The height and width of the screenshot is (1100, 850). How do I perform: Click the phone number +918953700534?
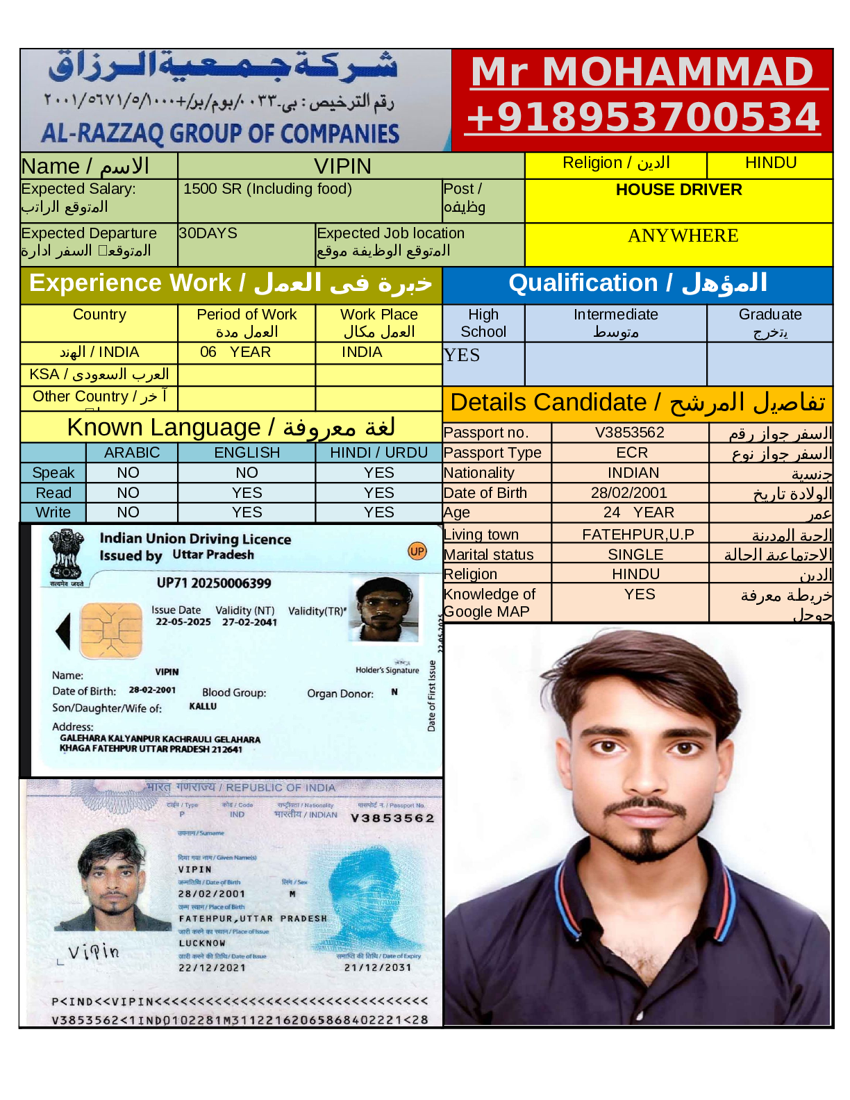coord(643,117)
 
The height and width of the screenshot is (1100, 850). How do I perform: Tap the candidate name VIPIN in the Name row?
coord(342,167)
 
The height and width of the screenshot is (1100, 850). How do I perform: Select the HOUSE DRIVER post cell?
coord(678,190)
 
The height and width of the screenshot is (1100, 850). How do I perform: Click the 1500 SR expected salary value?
coord(267,189)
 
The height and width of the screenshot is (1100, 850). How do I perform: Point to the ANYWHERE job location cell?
coord(683,236)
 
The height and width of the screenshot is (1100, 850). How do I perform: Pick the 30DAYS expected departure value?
coord(208,233)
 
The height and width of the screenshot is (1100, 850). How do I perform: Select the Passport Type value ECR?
coord(631,453)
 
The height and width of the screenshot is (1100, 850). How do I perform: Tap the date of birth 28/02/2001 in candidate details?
coord(628,493)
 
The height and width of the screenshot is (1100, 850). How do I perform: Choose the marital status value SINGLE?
coord(635,555)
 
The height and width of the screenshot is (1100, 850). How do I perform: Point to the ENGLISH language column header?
coord(247,453)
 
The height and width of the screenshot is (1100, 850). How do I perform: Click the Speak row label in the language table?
coord(53,473)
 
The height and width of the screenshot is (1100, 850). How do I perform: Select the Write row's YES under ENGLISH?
coord(247,512)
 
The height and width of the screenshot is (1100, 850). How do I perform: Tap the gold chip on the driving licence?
coord(111,631)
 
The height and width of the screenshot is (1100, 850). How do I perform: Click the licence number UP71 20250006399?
coord(214,583)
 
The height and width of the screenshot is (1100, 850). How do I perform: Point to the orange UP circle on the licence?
coord(417,551)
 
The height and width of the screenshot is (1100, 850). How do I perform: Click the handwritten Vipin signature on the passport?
coord(94,951)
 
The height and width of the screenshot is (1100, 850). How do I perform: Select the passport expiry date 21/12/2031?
coord(378,967)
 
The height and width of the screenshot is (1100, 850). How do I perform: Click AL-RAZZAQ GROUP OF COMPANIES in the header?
coord(220,133)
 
